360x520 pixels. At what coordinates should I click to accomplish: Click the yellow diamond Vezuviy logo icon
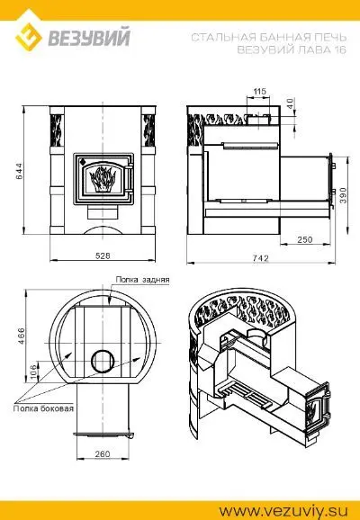click(x=29, y=37)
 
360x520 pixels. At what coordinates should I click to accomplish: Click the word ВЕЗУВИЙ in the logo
click(x=89, y=38)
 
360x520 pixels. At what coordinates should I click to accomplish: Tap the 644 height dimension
click(x=20, y=170)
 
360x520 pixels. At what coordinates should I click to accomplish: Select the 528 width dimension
click(x=103, y=256)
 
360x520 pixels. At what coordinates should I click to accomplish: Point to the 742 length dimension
click(x=260, y=258)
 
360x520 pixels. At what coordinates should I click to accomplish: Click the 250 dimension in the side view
click(x=305, y=239)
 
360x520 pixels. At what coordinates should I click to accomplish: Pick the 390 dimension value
click(x=343, y=195)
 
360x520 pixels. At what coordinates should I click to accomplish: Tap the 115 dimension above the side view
click(x=260, y=91)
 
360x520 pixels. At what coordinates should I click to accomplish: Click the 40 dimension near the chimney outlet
click(x=290, y=103)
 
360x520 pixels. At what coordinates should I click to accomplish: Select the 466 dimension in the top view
click(x=21, y=336)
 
